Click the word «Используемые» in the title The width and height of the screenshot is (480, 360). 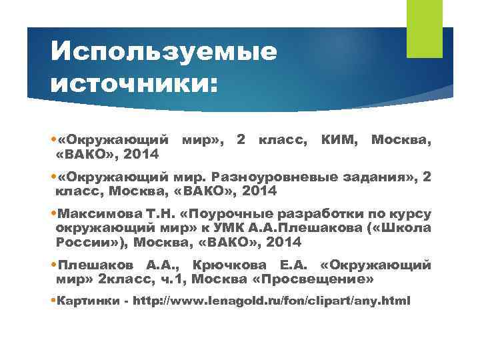[x=163, y=51]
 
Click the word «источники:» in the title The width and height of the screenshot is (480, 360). [x=134, y=83]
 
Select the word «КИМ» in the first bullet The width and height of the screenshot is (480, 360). [x=339, y=140]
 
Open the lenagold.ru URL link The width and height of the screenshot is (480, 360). [x=272, y=301]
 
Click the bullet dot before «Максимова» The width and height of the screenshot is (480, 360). [x=54, y=215]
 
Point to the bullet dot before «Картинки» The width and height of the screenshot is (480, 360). [x=54, y=301]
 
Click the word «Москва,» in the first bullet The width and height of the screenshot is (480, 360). [x=401, y=140]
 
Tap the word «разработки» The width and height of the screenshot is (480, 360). [x=331, y=215]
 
